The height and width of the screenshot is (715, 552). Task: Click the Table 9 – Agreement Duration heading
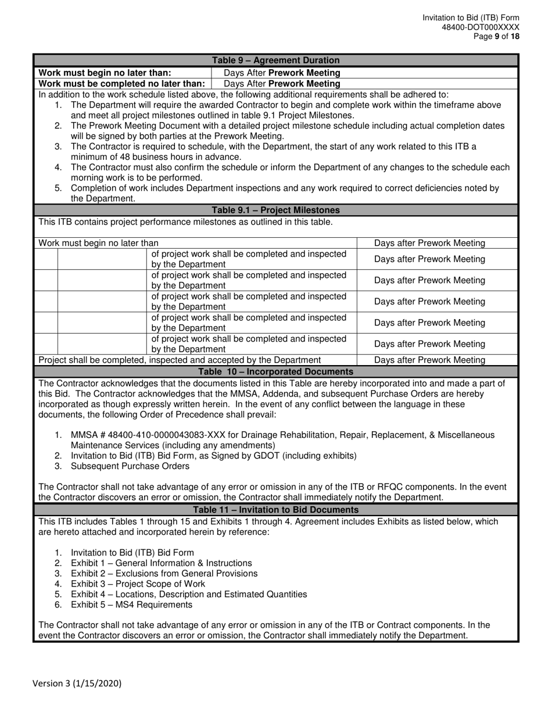[x=275, y=60]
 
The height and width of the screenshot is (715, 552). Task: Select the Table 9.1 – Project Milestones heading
[x=275, y=210]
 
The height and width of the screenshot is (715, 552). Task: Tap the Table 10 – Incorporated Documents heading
[x=275, y=371]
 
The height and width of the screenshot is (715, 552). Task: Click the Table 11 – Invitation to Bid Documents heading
[x=275, y=510]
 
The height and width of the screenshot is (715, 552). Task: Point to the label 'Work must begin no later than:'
[x=105, y=73]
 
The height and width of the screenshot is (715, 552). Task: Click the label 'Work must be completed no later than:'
[x=121, y=83]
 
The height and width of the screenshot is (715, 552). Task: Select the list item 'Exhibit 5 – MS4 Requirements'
[x=131, y=605]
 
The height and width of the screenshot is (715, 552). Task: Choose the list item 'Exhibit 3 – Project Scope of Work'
[x=138, y=584]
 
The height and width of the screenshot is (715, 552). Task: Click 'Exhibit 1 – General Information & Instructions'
[x=161, y=563]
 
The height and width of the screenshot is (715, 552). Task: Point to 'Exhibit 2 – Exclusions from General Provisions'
[x=164, y=573]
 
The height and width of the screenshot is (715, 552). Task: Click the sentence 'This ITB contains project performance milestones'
[x=185, y=221]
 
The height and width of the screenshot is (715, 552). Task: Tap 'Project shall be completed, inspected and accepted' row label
[x=180, y=360]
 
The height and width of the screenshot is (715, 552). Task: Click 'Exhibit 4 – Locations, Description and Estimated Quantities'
[x=189, y=594]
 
